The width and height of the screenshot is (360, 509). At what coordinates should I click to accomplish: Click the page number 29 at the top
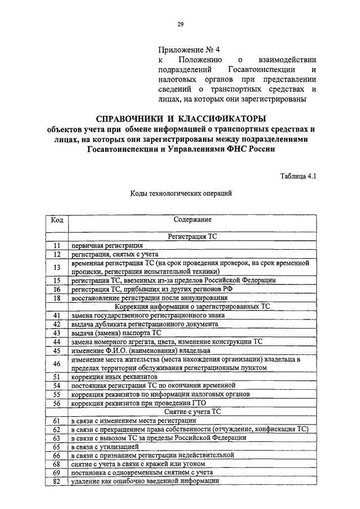tap(181, 24)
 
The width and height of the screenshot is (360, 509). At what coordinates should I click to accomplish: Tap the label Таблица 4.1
tap(299, 176)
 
